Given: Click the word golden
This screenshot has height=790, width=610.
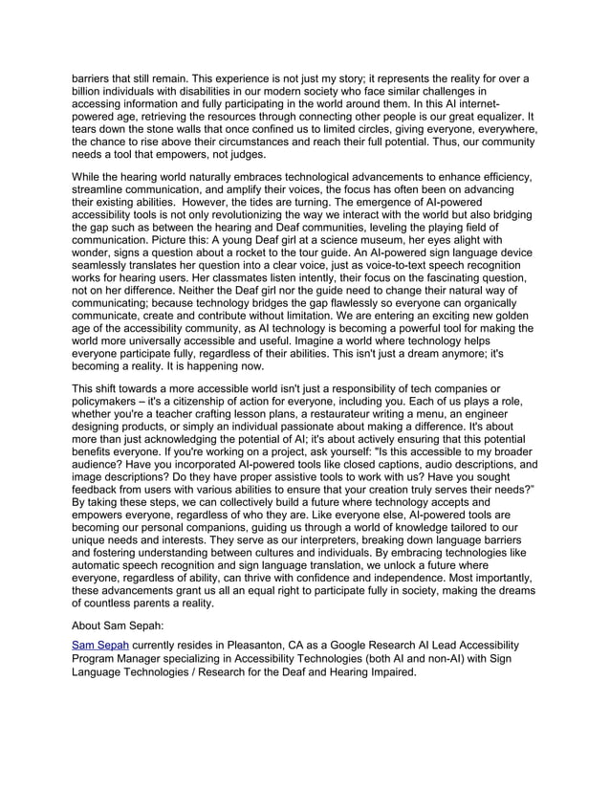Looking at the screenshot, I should click(x=521, y=331).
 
